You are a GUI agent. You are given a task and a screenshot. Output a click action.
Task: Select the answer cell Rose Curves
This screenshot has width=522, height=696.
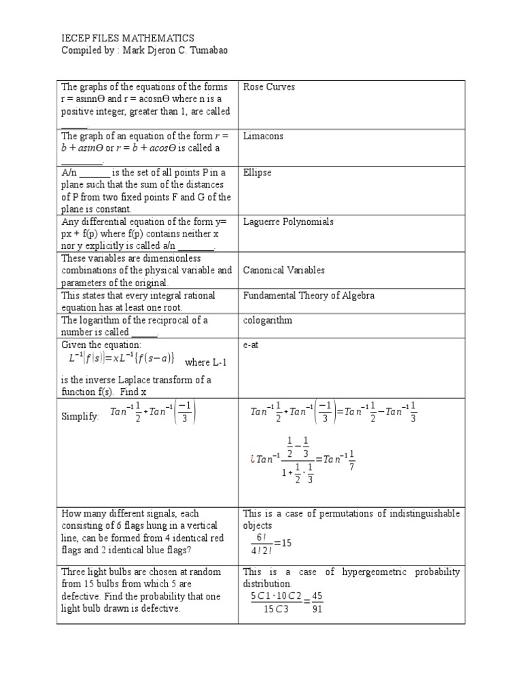click(x=264, y=87)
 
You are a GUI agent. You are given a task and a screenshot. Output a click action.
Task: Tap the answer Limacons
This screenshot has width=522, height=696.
click(x=263, y=136)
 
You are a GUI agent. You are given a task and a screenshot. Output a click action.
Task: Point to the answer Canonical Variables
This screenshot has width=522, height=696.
click(x=284, y=270)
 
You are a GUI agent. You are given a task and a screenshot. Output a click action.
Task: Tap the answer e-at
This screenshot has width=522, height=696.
click(x=251, y=345)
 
